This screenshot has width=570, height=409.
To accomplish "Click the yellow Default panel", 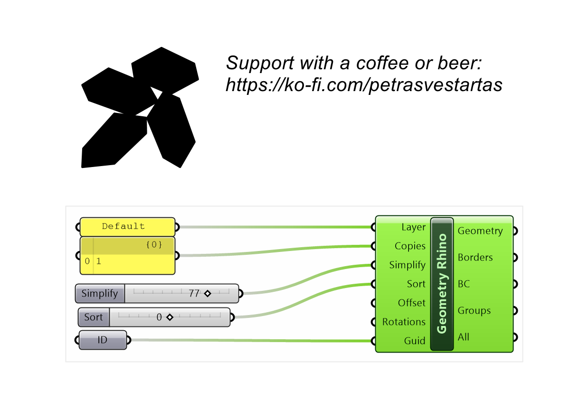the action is pos(127,227).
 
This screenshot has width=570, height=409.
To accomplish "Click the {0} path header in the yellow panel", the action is pos(154,244).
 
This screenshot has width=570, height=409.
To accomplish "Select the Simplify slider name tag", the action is pos(100,294).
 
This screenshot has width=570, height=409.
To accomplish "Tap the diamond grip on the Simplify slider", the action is pos(208,294).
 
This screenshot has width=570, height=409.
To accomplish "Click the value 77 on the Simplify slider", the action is pos(194,294).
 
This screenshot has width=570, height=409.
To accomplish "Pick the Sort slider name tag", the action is pos(94,317).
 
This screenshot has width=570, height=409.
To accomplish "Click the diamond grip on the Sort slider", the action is pos(170,317).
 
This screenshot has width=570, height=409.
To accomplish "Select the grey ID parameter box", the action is pos(103,340).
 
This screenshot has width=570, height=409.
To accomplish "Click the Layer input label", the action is pos(414,227).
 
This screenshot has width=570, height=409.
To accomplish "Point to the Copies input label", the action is pos(410,246).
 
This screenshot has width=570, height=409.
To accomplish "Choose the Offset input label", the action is pos(412,303).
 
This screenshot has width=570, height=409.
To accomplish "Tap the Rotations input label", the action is pos(404,322).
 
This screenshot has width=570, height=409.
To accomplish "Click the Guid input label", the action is pos(415,341).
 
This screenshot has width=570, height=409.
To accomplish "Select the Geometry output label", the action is pos(480,231).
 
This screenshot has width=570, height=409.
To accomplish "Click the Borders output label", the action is pos(475,258).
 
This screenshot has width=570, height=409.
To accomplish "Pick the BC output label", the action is pos(464,284).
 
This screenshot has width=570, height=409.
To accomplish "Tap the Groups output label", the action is pos(474,311).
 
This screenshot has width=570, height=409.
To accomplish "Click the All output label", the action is pos(464,337).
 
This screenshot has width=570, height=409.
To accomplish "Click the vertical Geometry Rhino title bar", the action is pos(442,284).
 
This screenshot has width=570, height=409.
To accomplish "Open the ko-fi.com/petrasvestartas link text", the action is pos(364,85).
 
